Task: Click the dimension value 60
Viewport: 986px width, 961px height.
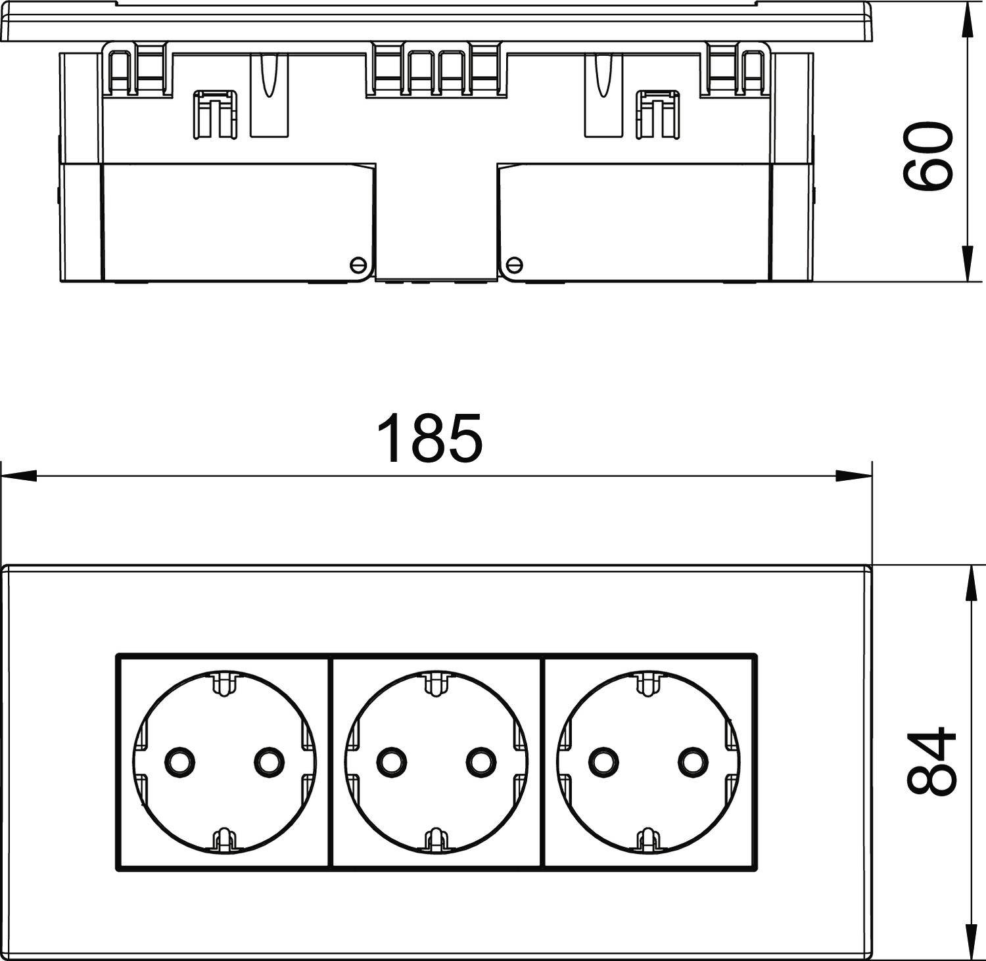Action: (x=927, y=156)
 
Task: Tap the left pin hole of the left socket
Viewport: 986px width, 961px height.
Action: (x=179, y=761)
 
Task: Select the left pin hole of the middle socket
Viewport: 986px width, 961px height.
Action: (x=390, y=761)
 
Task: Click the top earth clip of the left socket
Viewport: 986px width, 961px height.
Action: (x=224, y=682)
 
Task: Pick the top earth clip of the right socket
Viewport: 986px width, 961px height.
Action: (x=647, y=682)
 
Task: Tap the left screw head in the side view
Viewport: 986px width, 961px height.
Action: (x=357, y=264)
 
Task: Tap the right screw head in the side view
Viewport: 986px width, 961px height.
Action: (x=515, y=264)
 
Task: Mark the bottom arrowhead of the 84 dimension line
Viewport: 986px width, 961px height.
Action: (x=967, y=943)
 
